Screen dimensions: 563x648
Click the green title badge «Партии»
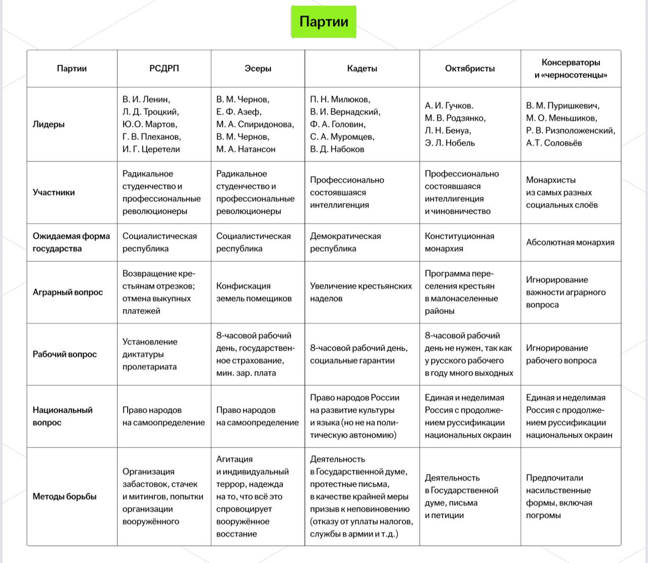point(323,22)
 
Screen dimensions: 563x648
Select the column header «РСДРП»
point(164,68)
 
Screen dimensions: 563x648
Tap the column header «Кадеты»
point(362,68)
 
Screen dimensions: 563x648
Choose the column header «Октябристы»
point(470,68)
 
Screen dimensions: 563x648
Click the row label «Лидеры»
point(49,124)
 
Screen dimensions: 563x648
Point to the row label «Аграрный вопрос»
point(67,292)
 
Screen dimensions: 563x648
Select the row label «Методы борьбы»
point(64,496)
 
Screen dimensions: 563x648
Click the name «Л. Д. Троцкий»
point(150,112)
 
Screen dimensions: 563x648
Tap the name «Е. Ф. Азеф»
point(238,112)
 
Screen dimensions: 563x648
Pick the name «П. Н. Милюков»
point(340,99)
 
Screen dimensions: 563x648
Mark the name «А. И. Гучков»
point(449,106)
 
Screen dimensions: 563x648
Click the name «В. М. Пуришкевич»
point(562,106)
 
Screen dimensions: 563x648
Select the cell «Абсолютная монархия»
point(570,242)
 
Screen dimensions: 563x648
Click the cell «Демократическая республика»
point(345,242)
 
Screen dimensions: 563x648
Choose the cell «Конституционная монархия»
point(459,242)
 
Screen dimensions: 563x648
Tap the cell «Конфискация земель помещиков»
point(254,292)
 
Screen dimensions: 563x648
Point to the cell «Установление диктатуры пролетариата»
point(150,354)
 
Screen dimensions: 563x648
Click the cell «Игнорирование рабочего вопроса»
point(561,354)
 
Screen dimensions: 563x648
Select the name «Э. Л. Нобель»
point(450,143)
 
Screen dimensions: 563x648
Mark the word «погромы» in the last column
point(543,515)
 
